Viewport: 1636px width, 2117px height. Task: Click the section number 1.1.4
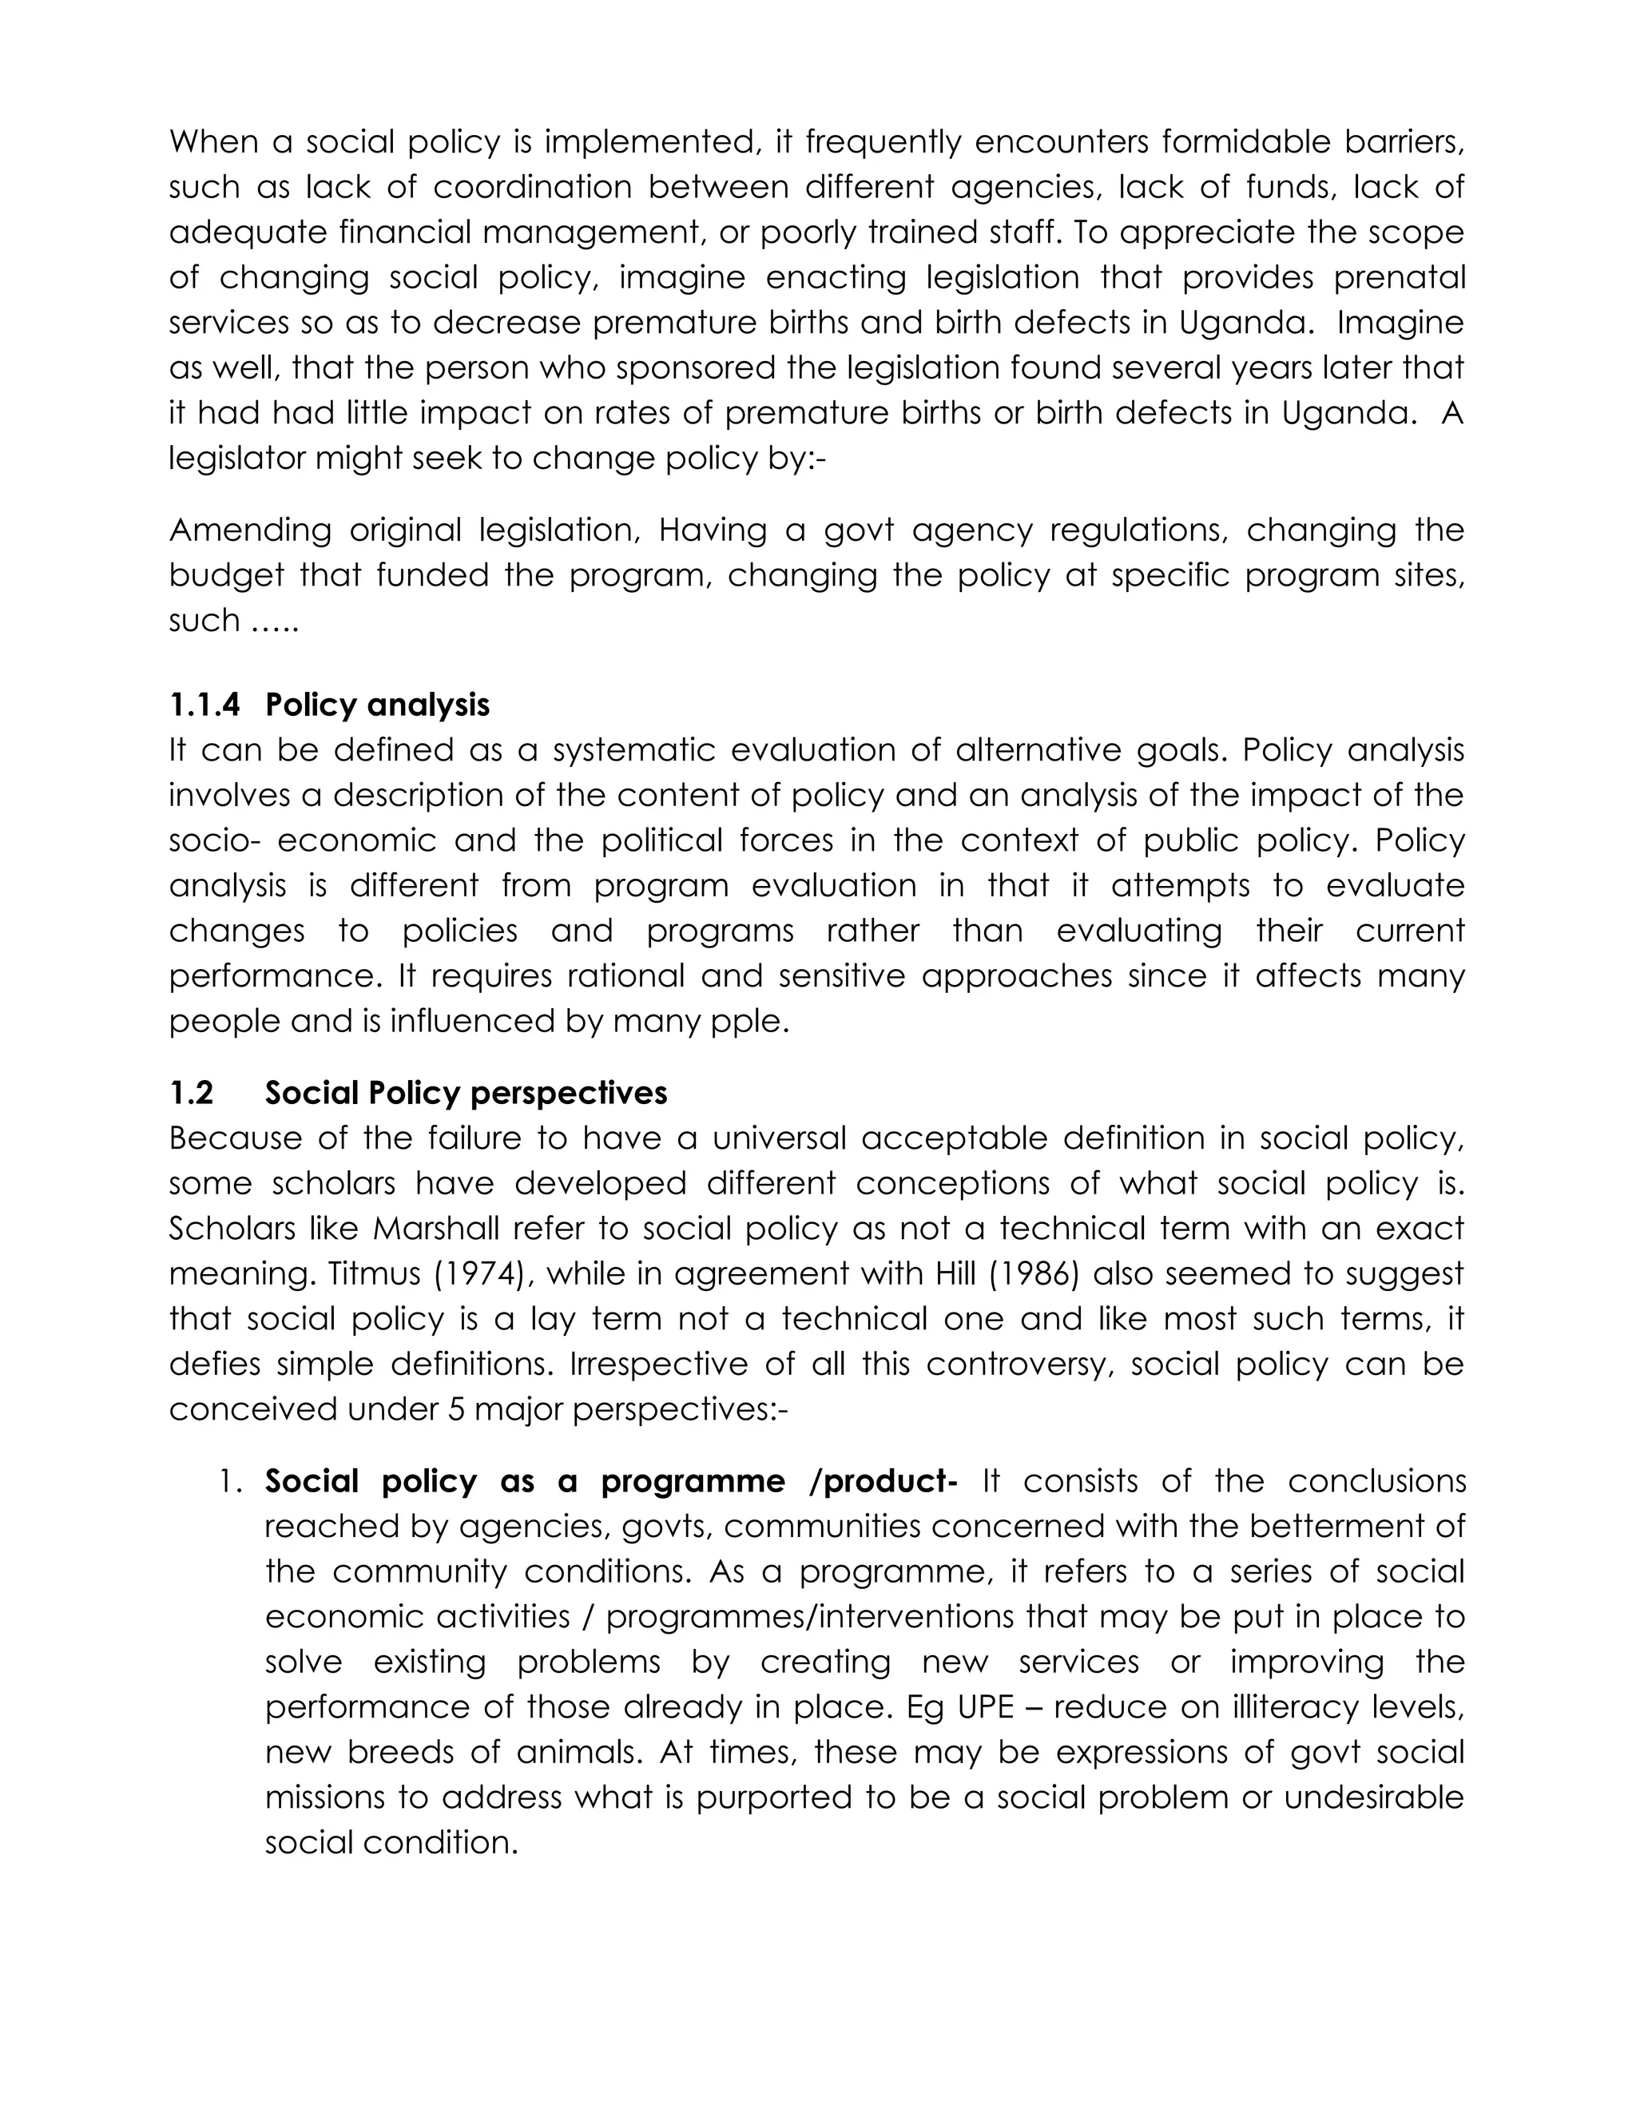pos(204,705)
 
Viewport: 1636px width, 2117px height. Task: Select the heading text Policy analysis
pos(377,705)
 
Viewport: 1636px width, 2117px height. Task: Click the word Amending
pos(250,530)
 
